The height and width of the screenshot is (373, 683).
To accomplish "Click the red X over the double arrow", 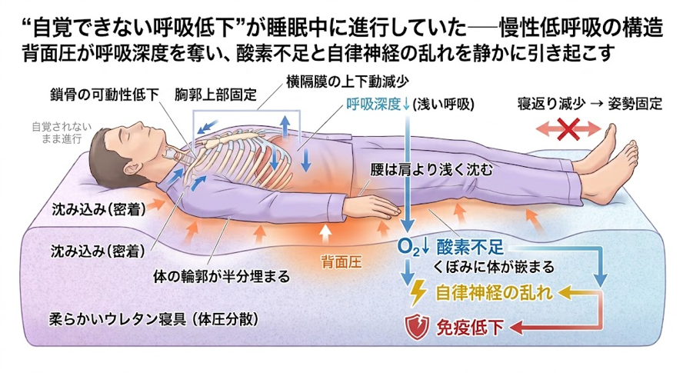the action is point(568,128).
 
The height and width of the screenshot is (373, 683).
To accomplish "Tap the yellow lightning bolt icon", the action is point(418,293).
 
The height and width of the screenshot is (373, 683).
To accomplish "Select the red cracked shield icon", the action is point(417,328).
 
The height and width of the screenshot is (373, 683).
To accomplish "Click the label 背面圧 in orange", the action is point(341,262).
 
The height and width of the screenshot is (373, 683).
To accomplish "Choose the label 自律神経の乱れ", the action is point(495,293).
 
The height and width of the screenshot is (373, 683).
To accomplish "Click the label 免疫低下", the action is point(469,328).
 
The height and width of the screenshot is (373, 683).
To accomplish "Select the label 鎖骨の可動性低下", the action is point(105,95).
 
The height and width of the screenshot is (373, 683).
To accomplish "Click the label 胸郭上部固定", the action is point(215,95).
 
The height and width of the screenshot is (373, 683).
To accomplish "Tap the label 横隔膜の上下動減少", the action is point(348,81).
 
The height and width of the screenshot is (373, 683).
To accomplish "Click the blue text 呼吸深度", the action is point(373,104).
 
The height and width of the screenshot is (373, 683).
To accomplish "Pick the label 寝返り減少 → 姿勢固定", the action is point(590,104).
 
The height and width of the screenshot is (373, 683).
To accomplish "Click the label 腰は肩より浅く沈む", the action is point(431,169).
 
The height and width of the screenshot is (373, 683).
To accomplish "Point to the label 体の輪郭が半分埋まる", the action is point(222,276).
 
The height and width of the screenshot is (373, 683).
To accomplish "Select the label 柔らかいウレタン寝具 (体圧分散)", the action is point(153,319).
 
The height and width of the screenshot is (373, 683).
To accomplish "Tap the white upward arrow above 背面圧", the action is point(323,234).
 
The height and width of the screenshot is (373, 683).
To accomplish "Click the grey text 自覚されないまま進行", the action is point(62,133).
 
